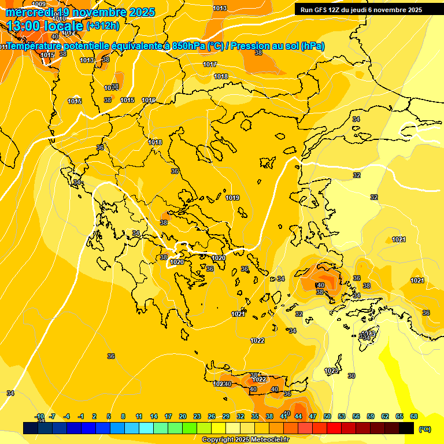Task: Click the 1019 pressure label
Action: tap(232, 198)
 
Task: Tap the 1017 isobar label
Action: tap(210, 64)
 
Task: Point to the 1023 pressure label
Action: tap(331, 371)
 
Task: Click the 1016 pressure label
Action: tap(149, 100)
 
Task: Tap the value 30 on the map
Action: tap(351, 376)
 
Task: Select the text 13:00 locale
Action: tap(45, 26)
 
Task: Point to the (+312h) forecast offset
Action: tap(103, 26)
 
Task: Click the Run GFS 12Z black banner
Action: tap(361, 10)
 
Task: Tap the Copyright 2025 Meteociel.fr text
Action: tap(245, 440)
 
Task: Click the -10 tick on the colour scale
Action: tap(39, 416)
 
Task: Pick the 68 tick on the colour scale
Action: tap(414, 416)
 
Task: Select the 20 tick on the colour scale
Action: tap(183, 416)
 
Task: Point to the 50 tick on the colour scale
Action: tap(327, 416)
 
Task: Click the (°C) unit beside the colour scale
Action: tap(425, 429)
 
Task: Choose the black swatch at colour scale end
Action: tap(406, 428)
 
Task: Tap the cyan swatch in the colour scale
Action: tap(146, 428)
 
